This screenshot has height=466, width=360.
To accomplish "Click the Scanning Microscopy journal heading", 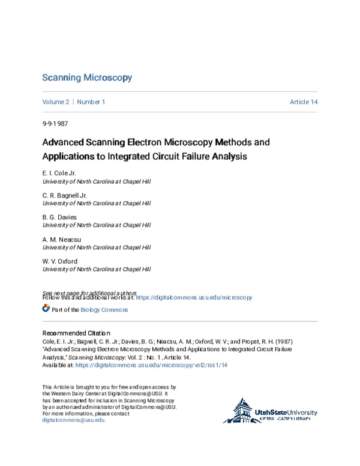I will tap(87, 78).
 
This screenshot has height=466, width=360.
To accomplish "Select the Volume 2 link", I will tap(56, 102).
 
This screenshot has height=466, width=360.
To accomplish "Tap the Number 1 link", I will tap(91, 102).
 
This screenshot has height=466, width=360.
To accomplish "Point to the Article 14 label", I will tap(304, 102).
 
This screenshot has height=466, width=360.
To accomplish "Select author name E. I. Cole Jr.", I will tap(59, 173).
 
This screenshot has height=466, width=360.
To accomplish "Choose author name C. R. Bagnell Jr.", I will tap(65, 195).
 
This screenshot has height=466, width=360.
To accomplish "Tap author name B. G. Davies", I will tap(59, 217).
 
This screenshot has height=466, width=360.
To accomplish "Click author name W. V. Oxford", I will tap(60, 261).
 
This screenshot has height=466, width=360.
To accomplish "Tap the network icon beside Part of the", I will tap(46, 309).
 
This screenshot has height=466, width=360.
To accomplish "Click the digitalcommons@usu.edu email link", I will tap(73, 420).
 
